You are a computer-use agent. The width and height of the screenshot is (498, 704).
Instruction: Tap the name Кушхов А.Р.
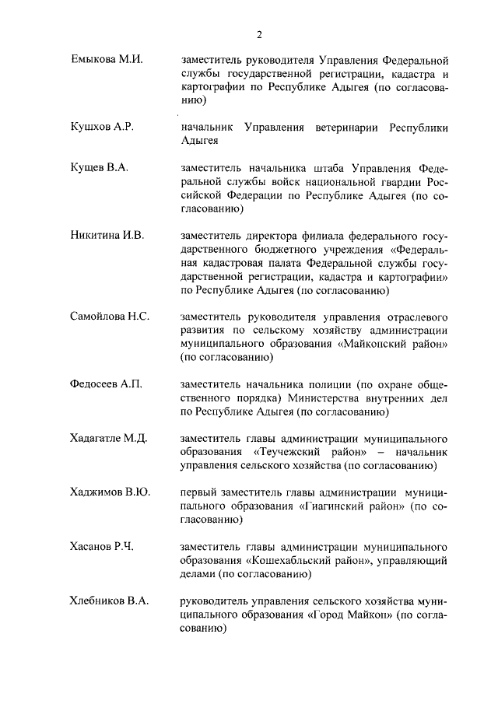pyautogui.click(x=103, y=128)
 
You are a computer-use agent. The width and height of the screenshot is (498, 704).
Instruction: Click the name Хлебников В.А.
pyautogui.click(x=110, y=601)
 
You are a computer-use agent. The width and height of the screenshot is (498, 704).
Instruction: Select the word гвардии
pyautogui.click(x=406, y=181)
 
